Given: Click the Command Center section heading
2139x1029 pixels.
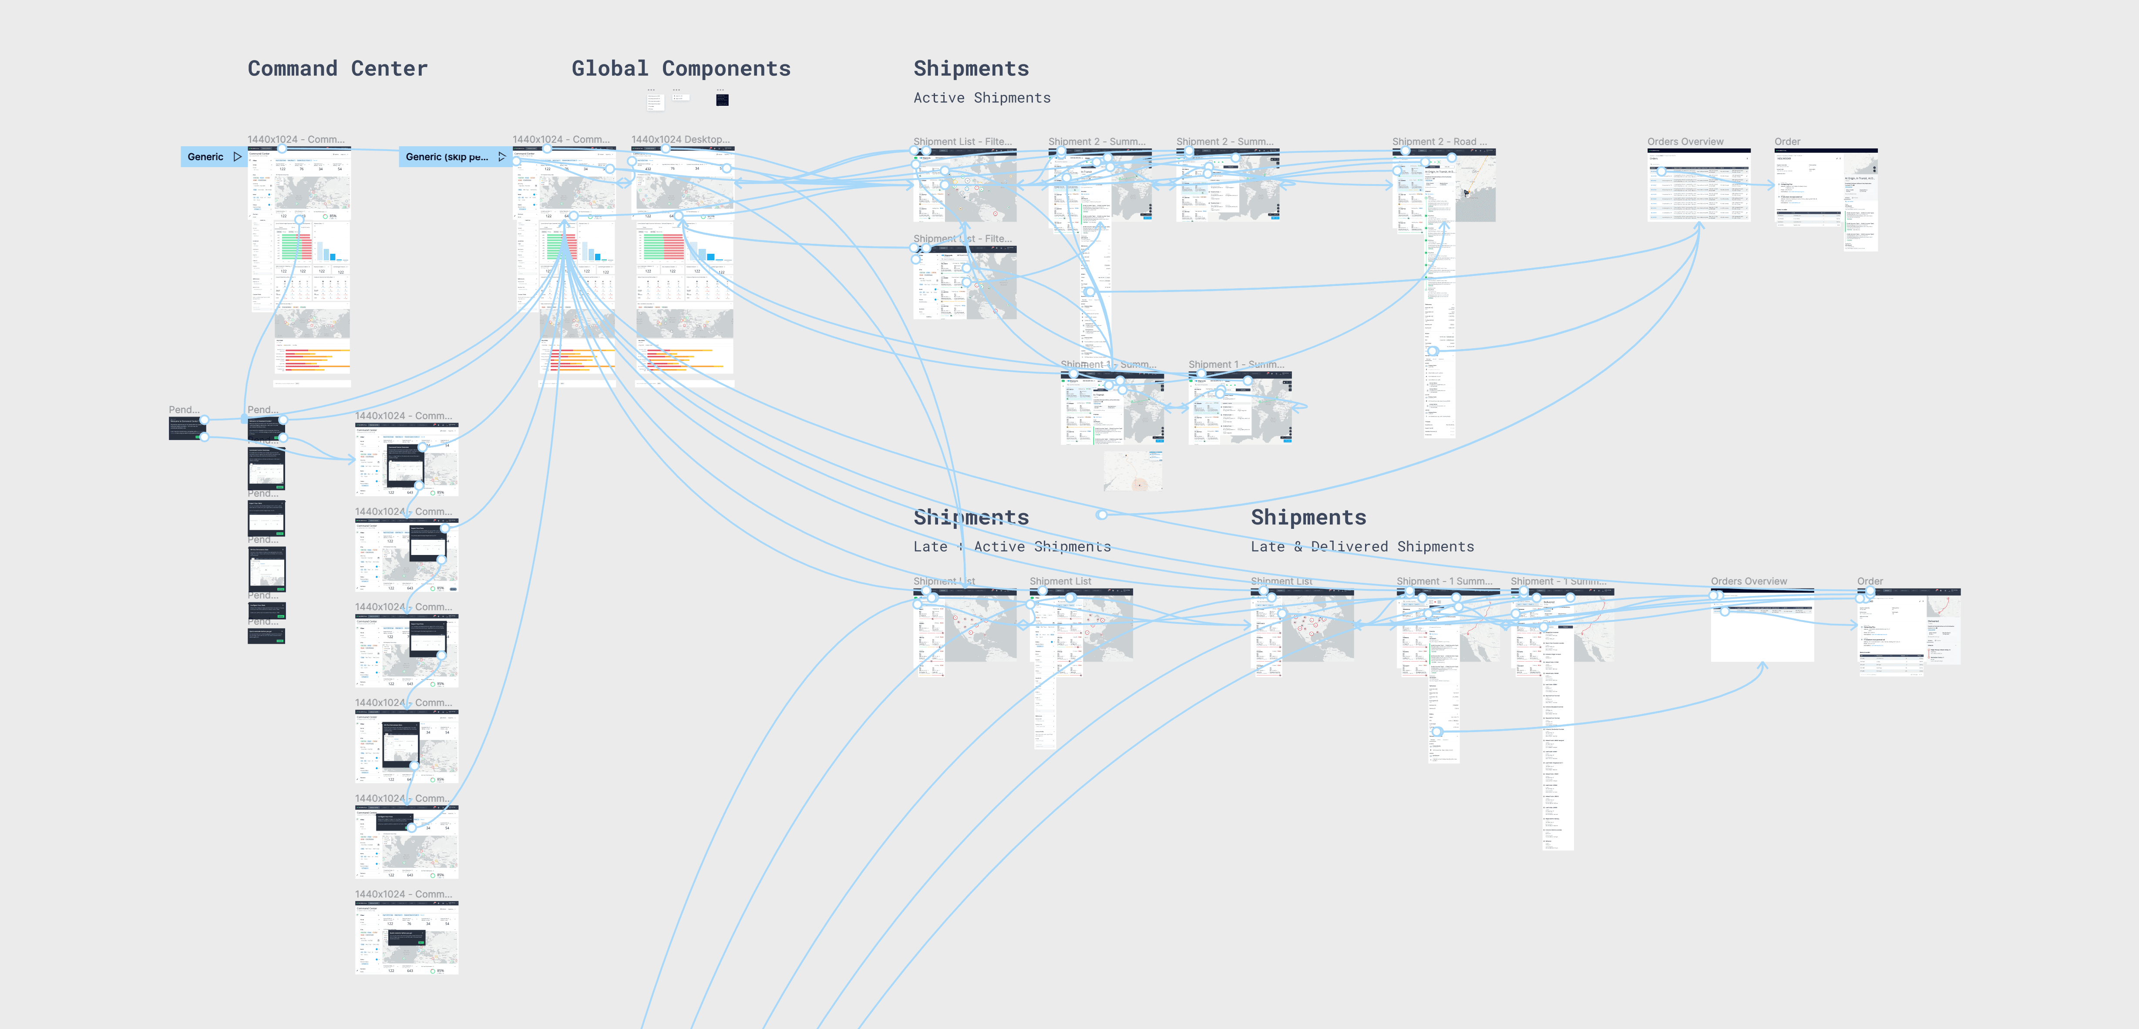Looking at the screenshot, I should click(337, 69).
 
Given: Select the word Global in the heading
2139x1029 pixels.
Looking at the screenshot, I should click(609, 69).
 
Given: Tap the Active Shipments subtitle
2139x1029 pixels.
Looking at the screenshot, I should click(982, 98).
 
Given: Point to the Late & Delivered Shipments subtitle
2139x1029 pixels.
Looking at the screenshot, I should click(1362, 546).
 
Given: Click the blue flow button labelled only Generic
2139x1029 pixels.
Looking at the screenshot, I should click(205, 157).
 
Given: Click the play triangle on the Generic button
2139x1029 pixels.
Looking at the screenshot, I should click(238, 157).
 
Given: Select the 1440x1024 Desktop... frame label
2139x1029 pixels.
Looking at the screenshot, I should click(680, 140).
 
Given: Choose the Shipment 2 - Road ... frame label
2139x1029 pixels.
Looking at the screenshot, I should click(1439, 142).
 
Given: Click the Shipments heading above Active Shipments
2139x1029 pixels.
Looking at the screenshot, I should click(971, 69).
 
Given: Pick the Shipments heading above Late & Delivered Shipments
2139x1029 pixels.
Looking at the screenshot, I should click(1308, 518).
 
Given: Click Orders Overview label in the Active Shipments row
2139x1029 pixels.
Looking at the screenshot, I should click(1685, 142).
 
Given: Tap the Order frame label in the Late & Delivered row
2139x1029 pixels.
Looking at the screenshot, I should click(1869, 582).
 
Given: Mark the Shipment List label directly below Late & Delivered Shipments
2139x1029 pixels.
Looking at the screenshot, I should click(1281, 582).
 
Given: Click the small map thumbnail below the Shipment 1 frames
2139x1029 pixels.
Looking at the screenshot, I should click(1133, 471).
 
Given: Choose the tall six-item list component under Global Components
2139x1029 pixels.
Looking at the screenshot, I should click(654, 101).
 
